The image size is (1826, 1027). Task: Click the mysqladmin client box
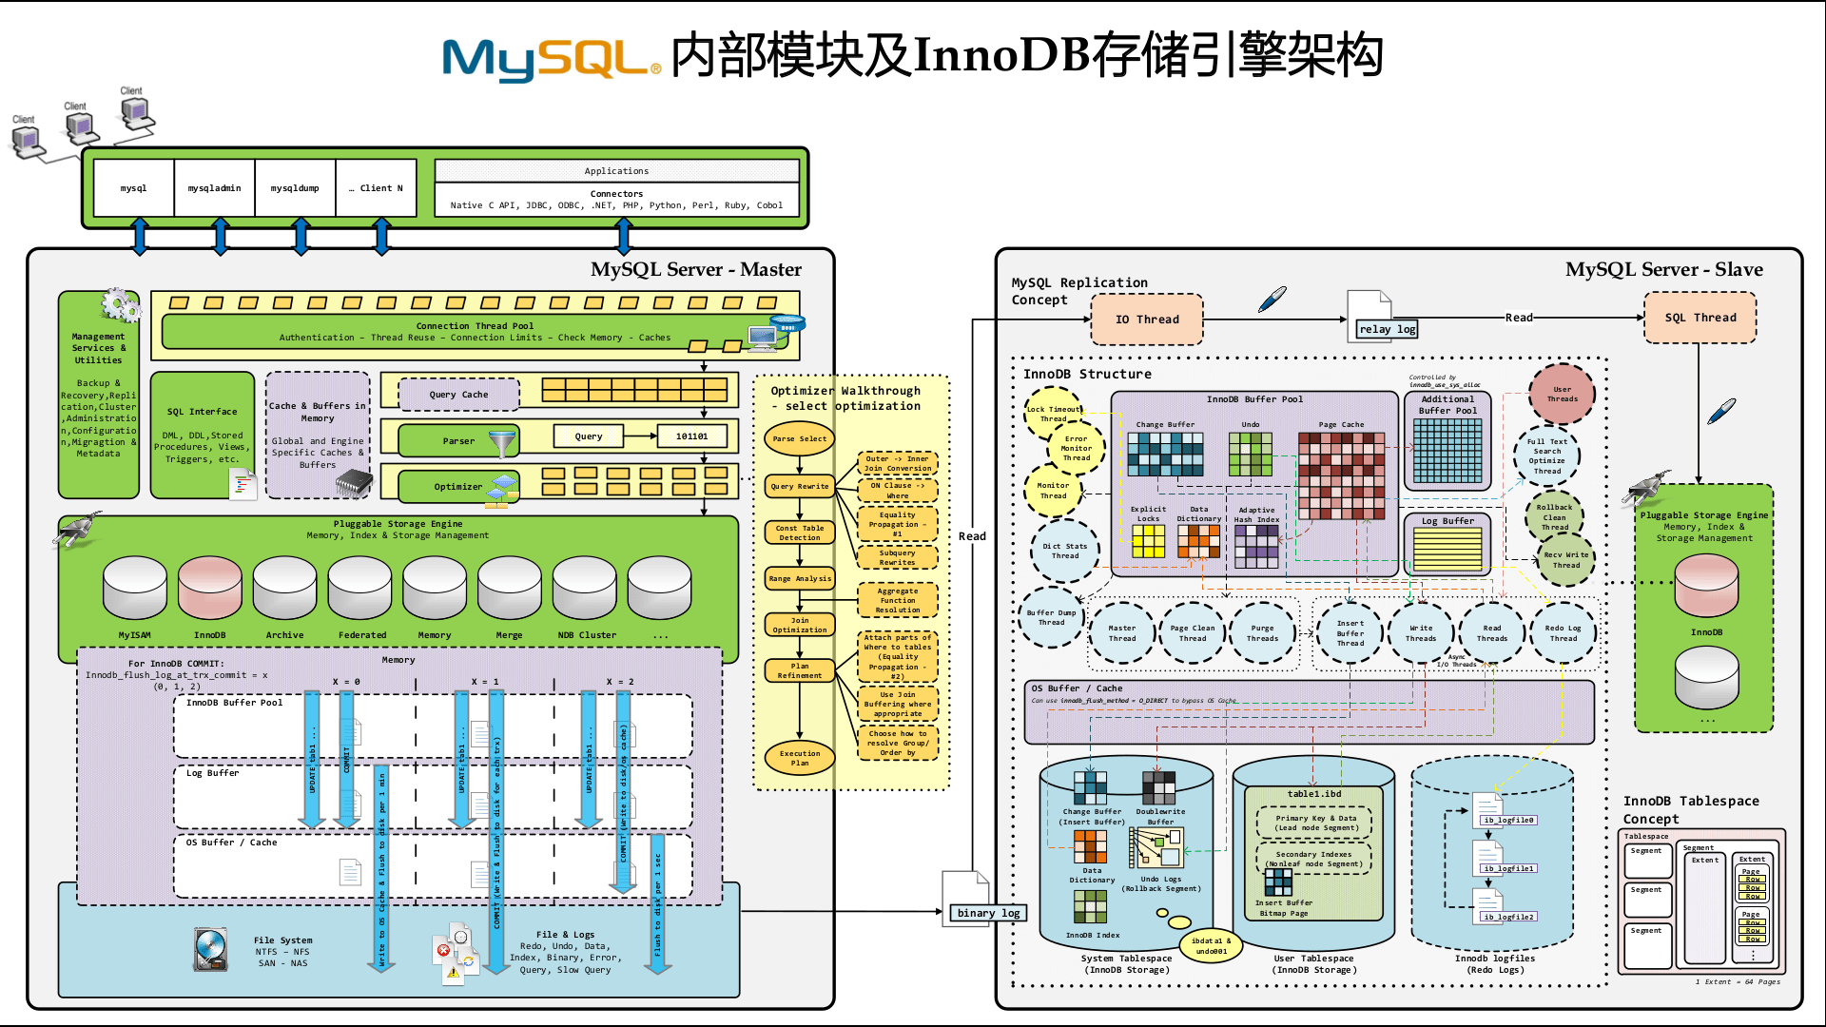point(215,188)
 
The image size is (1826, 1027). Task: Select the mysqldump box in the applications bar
point(295,188)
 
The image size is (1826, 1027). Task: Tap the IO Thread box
point(1146,320)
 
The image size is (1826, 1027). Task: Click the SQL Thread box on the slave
point(1700,318)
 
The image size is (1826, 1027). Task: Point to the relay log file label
point(1387,329)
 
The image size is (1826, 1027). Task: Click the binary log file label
point(988,913)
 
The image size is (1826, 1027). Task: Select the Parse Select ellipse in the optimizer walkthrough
point(799,439)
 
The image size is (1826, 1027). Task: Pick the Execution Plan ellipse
point(799,758)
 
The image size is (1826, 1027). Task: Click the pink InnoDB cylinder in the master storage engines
point(210,589)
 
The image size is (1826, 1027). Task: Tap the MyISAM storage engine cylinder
point(134,589)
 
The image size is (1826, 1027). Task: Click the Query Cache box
point(458,395)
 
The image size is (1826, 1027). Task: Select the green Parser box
point(458,441)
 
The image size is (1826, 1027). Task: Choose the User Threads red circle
point(1562,394)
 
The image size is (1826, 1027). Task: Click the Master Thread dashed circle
point(1122,633)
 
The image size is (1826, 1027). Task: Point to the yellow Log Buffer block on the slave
point(1447,549)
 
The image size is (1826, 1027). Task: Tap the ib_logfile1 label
point(1508,868)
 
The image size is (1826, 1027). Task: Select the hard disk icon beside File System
point(210,949)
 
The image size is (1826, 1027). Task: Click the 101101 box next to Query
point(691,436)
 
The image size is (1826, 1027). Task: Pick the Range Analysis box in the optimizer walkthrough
point(800,578)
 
